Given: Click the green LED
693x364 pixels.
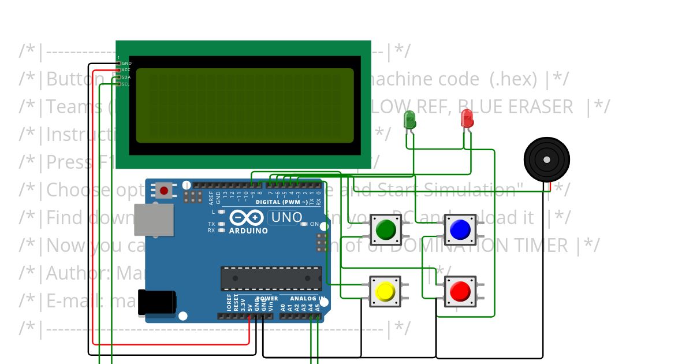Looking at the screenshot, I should click(409, 120).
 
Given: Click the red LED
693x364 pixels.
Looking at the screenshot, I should click(467, 119).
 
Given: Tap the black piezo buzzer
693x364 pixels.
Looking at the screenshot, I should click(546, 159).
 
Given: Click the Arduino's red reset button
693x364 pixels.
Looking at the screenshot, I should click(164, 190).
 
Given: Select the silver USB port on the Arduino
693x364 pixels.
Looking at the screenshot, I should click(154, 220).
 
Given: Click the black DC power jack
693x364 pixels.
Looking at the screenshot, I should click(156, 303).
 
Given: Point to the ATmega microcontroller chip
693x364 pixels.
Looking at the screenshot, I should click(271, 278).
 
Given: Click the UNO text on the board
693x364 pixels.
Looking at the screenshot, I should click(288, 218).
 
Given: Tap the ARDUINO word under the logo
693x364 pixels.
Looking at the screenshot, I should click(248, 231).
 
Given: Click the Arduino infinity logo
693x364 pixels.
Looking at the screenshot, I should click(248, 218).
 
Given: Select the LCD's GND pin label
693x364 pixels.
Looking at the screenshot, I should click(126, 63).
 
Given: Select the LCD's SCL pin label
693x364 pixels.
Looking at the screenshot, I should click(126, 84).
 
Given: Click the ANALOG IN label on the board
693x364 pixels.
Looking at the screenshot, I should click(307, 299).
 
